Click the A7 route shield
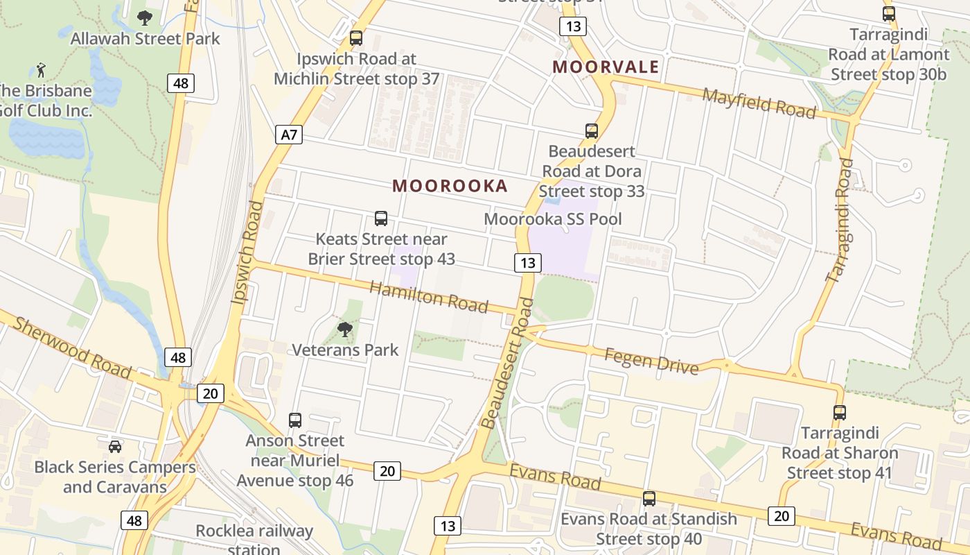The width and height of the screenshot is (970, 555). pos(289,135)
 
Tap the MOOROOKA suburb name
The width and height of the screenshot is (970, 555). pos(450,186)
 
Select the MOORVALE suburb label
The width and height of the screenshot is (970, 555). pos(606,67)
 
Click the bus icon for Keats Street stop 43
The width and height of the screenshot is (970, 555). pos(381,219)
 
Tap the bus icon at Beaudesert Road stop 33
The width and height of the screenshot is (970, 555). pos(592,130)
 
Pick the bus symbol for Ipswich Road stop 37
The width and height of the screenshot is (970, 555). pos(356,38)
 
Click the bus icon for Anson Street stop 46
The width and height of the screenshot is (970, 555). pos(295,420)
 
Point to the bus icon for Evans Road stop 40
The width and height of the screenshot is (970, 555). pos(649,498)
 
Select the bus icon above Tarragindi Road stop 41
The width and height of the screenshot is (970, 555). pos(840,413)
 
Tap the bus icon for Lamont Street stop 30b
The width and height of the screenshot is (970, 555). pos(889,13)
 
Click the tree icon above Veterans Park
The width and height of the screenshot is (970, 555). pos(344,330)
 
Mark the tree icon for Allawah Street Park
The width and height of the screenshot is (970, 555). pos(145,17)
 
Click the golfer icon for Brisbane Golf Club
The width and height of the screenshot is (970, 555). pos(42,69)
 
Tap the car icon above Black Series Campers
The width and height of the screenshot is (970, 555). pos(115,446)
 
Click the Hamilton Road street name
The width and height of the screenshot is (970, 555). pos(429,297)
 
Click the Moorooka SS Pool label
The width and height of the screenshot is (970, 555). pos(553,219)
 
